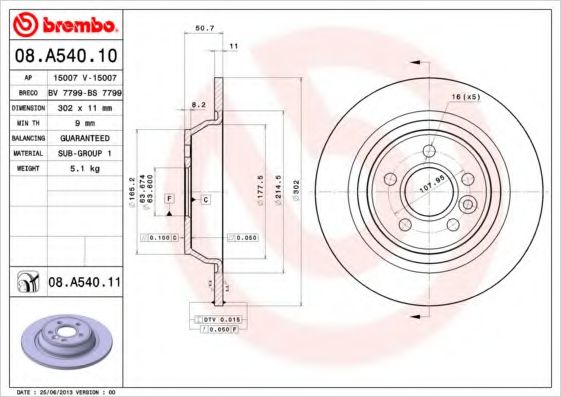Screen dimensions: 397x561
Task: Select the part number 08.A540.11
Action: (85, 283)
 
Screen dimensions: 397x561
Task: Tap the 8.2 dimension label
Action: (198, 104)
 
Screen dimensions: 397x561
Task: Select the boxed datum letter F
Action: (170, 200)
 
